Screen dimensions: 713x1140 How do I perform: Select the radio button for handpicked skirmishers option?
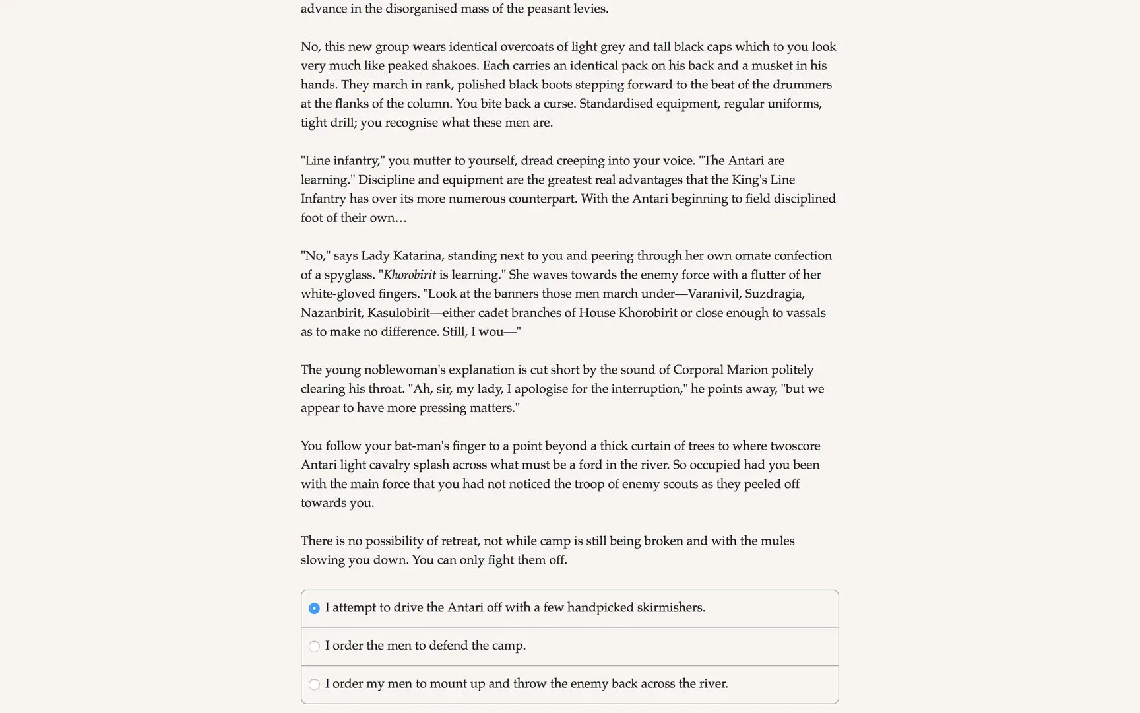click(314, 608)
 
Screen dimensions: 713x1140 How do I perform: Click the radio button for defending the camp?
click(314, 646)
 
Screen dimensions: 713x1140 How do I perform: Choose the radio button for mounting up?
click(314, 685)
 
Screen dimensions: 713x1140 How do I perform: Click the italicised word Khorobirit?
click(410, 275)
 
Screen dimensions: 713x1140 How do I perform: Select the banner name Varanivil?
click(714, 294)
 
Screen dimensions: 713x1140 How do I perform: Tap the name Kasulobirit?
click(398, 313)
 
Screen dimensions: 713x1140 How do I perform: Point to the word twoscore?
click(795, 446)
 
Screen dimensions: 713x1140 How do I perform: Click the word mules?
click(777, 541)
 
